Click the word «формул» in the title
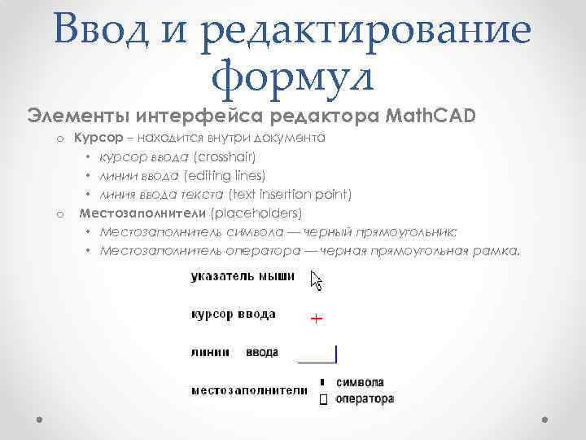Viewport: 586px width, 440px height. (x=291, y=77)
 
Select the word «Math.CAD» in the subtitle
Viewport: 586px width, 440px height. (x=432, y=114)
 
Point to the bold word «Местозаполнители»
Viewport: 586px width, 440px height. (x=142, y=213)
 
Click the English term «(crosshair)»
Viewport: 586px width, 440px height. (x=225, y=156)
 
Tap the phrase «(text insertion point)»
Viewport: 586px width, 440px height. (x=290, y=194)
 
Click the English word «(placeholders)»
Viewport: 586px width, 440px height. (x=256, y=213)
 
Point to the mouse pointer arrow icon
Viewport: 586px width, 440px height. (x=317, y=281)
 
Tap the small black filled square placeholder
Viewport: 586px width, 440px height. (x=322, y=381)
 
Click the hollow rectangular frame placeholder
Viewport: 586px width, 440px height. (x=322, y=400)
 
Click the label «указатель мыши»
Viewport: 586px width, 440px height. (x=243, y=277)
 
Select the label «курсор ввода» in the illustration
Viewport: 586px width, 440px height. (x=233, y=315)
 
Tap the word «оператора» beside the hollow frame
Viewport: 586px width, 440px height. (x=364, y=399)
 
